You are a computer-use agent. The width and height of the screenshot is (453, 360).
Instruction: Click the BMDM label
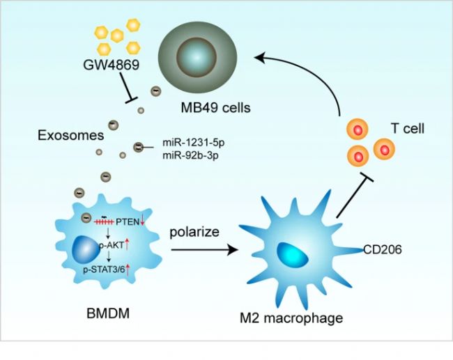click(x=105, y=315)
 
